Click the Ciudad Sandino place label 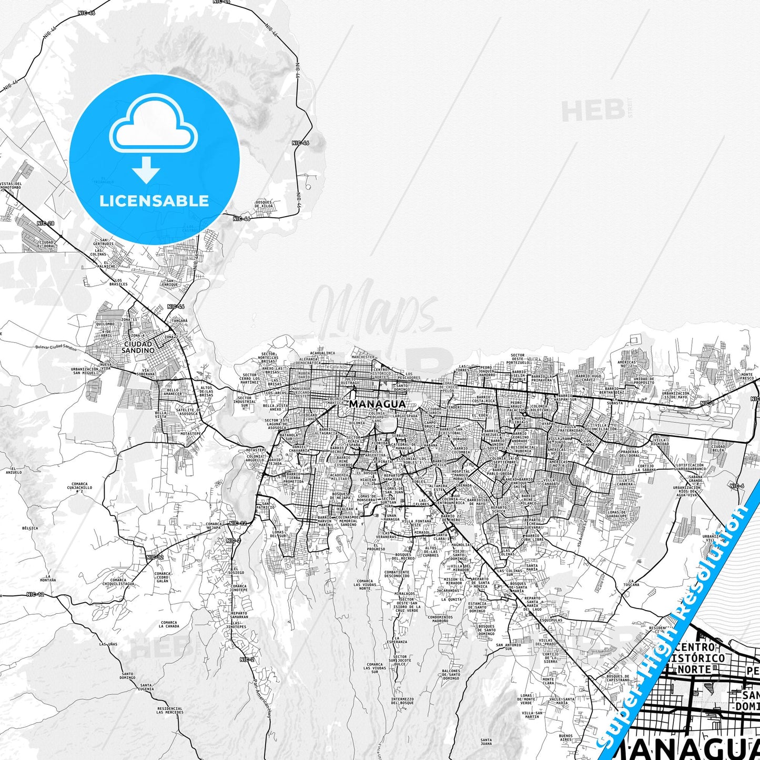click(138, 346)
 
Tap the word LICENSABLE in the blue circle click(154, 201)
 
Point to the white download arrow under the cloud click(146, 170)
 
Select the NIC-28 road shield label click(46, 224)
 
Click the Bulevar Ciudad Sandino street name click(56, 348)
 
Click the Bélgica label click(30, 528)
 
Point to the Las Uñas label click(108, 644)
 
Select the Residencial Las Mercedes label click(170, 710)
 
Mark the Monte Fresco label click(747, 376)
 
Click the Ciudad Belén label click(718, 449)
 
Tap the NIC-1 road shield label click(707, 403)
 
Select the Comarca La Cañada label click(169, 624)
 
